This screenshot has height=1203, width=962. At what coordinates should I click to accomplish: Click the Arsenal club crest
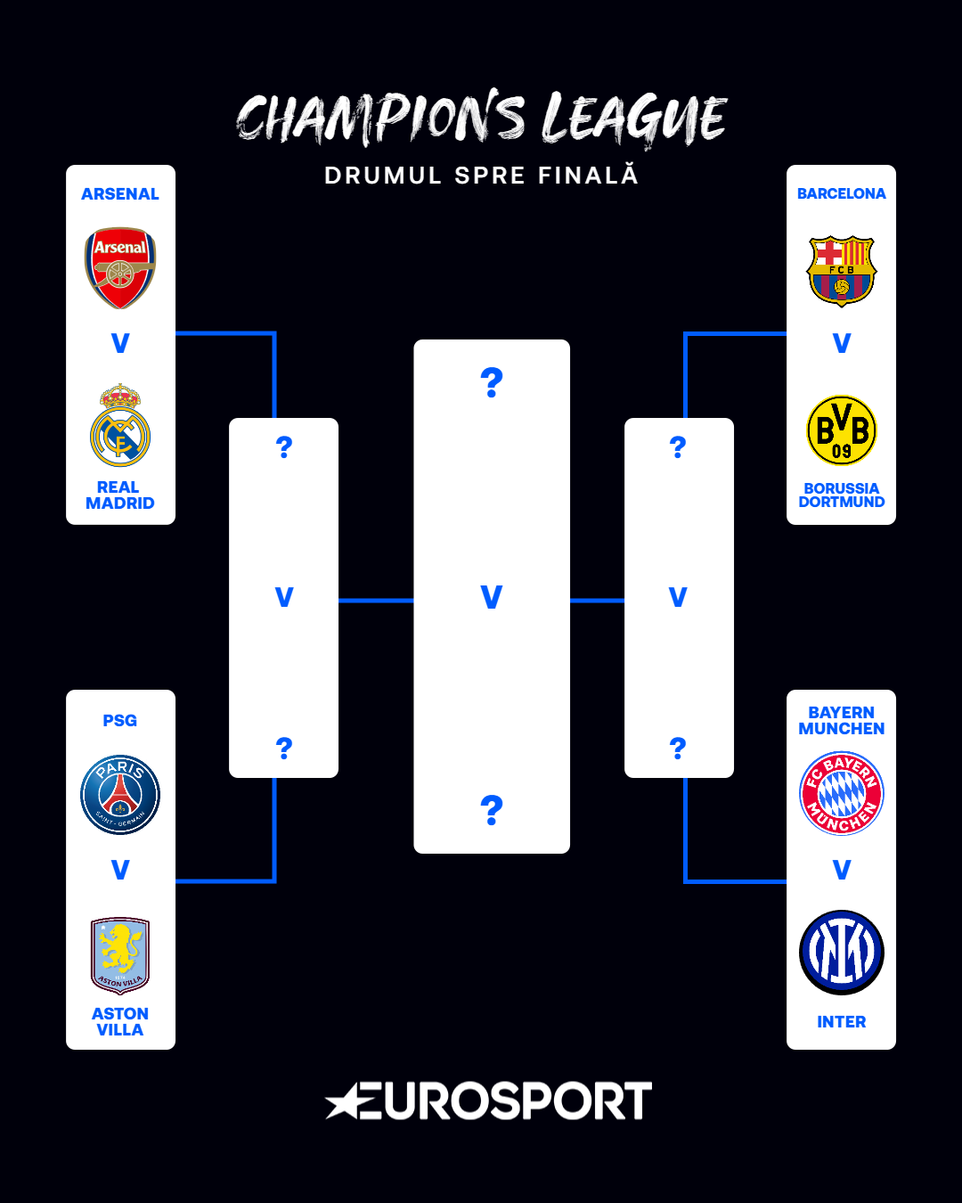tap(120, 267)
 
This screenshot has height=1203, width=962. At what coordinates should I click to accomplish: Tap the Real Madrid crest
tap(120, 427)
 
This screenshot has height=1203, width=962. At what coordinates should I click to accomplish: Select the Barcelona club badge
tap(842, 271)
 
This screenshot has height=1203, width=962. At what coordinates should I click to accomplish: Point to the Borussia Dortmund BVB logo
tap(842, 430)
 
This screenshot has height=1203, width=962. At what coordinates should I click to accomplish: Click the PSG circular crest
tap(120, 795)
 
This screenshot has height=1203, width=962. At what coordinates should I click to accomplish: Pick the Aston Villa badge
tap(120, 955)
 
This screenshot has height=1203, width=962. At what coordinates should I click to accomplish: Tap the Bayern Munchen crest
tap(842, 793)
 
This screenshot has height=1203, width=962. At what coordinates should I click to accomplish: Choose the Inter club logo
tap(842, 953)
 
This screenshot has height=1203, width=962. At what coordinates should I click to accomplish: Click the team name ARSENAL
tap(120, 194)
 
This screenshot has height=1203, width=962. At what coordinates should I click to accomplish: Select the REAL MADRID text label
tap(120, 495)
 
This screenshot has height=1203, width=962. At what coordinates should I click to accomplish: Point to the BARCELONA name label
tap(842, 194)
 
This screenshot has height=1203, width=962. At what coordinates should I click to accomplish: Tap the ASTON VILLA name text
tap(120, 1022)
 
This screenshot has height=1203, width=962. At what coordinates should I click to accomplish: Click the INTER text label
tap(842, 1022)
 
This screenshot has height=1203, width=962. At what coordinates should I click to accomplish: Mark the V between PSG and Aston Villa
tap(120, 870)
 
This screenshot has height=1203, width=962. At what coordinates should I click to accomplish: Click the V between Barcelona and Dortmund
tap(842, 343)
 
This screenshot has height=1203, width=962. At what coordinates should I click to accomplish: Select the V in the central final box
tap(492, 597)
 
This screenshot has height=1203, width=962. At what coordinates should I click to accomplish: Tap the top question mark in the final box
tap(492, 382)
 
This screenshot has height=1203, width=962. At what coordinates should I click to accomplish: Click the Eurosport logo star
tap(344, 1102)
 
